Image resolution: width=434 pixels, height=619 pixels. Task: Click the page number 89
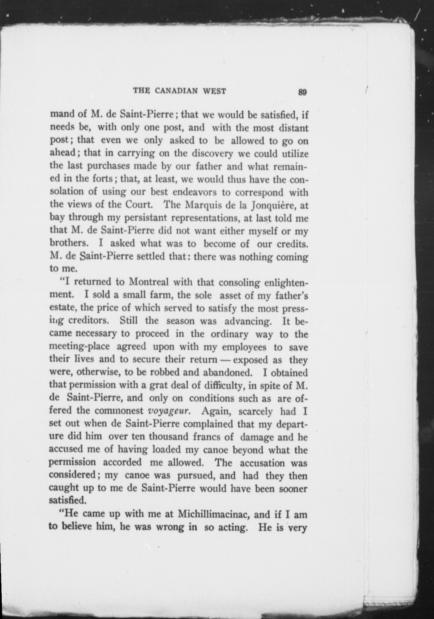pyautogui.click(x=302, y=92)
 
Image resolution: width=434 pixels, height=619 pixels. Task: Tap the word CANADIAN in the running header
pyautogui.click(x=176, y=91)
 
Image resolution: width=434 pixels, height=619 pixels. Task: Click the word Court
pyautogui.click(x=139, y=205)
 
